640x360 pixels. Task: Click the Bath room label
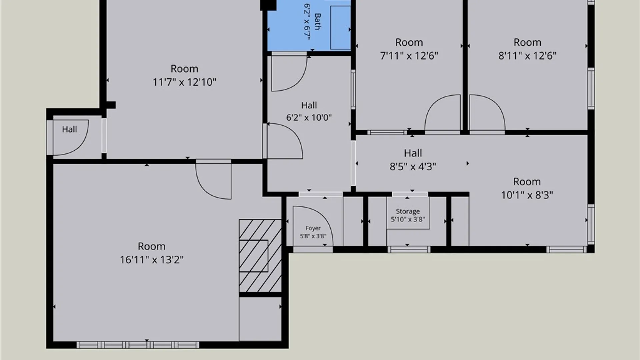(x=318, y=21)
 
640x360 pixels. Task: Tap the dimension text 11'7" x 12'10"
(x=184, y=82)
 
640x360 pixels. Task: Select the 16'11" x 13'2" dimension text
(x=152, y=260)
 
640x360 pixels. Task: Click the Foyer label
(x=313, y=228)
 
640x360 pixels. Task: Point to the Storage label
(x=408, y=211)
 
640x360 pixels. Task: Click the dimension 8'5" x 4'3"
(x=413, y=166)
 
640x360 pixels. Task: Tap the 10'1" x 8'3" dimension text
(x=527, y=195)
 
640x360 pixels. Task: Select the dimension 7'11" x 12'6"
(x=409, y=55)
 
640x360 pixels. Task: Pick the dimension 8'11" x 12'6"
(x=527, y=55)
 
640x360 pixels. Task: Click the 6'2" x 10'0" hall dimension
(x=309, y=117)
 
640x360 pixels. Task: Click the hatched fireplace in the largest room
(x=260, y=256)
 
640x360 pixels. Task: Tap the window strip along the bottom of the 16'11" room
(x=138, y=345)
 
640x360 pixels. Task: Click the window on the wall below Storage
(x=409, y=249)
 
